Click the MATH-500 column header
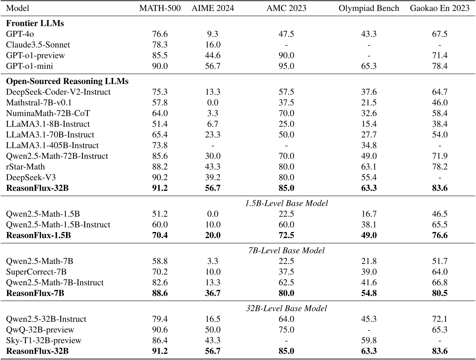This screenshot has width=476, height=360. pyautogui.click(x=160, y=8)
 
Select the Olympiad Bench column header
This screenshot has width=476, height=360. pyautogui.click(x=369, y=8)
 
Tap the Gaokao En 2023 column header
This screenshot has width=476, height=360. pyautogui.click(x=439, y=8)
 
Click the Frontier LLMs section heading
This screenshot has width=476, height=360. pyautogui.click(x=35, y=23)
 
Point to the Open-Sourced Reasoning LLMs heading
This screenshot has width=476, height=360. pyautogui.click(x=67, y=81)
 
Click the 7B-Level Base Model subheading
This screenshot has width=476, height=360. pyautogui.click(x=286, y=251)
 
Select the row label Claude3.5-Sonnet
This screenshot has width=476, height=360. pyautogui.click(x=38, y=45)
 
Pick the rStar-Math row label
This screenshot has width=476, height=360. pyautogui.click(x=25, y=167)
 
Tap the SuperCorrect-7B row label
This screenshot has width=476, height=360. pyautogui.click(x=36, y=272)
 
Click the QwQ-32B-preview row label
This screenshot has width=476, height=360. pyautogui.click(x=40, y=330)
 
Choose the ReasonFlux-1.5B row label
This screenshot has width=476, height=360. pyautogui.click(x=38, y=235)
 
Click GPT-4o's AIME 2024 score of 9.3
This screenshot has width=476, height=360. pyautogui.click(x=213, y=34)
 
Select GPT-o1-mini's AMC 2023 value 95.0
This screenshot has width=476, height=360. pyautogui.click(x=286, y=66)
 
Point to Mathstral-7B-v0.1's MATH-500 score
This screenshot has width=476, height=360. pyautogui.click(x=160, y=103)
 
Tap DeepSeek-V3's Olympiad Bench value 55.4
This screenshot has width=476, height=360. pyautogui.click(x=369, y=177)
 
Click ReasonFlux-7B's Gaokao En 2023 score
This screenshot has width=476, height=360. pyautogui.click(x=439, y=293)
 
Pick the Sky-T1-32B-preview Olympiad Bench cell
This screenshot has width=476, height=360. pyautogui.click(x=369, y=341)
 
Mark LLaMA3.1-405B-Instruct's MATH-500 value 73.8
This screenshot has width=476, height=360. pyautogui.click(x=160, y=145)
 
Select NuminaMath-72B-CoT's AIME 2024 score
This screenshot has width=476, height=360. pyautogui.click(x=213, y=113)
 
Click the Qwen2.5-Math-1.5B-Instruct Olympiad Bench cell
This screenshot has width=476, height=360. pyautogui.click(x=369, y=225)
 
